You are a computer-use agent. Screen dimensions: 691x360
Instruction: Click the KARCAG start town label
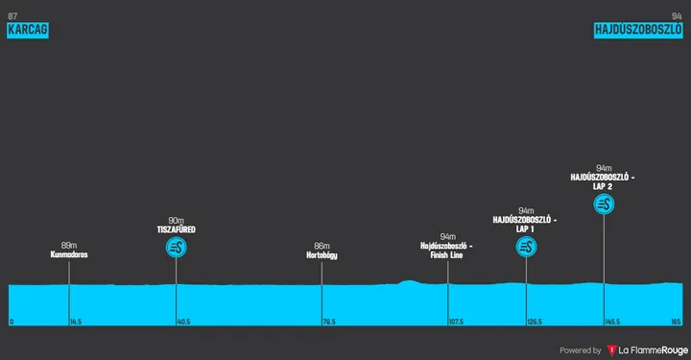click(x=27, y=30)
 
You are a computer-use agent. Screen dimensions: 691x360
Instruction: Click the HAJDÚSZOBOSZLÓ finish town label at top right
click(x=638, y=30)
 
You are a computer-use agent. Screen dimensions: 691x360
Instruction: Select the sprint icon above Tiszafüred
click(x=177, y=248)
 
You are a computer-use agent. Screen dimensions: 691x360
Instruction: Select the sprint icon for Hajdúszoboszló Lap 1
click(x=526, y=248)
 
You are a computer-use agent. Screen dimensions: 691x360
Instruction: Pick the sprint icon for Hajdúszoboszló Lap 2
click(x=604, y=204)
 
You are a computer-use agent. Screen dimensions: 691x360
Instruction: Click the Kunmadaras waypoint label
click(x=69, y=255)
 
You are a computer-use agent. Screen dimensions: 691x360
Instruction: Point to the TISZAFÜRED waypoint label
click(x=177, y=230)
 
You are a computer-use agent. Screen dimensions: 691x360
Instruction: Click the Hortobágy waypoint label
click(x=322, y=255)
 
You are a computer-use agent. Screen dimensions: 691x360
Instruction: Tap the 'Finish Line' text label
click(x=448, y=255)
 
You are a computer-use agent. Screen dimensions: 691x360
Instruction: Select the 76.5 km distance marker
click(x=329, y=322)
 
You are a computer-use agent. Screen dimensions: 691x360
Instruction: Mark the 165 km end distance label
click(x=676, y=322)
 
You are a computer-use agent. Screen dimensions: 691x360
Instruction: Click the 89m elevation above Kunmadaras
click(x=69, y=245)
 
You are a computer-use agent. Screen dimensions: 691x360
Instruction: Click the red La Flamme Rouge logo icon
click(x=611, y=349)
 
